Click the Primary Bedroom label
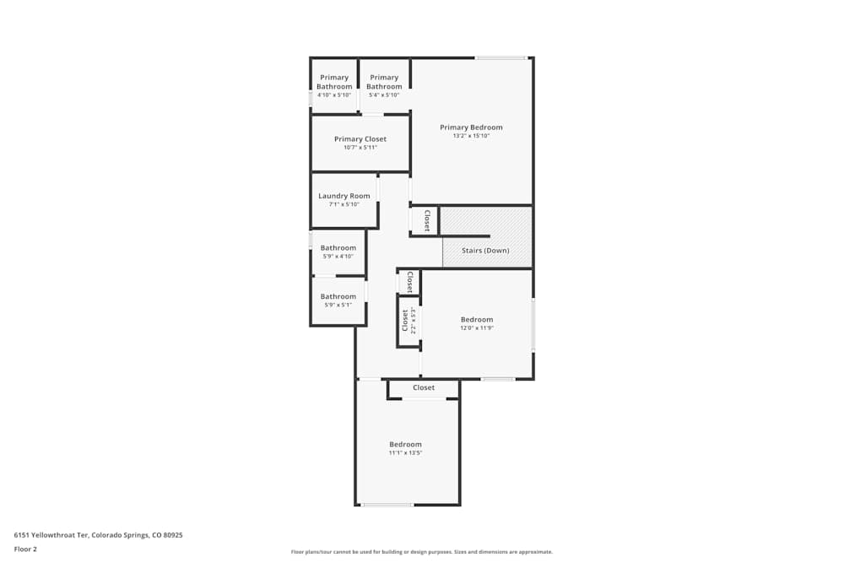pyautogui.click(x=471, y=127)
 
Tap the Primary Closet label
pyautogui.click(x=360, y=139)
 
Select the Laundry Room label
pyautogui.click(x=344, y=196)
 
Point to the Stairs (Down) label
pyautogui.click(x=485, y=251)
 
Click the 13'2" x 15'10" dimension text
pyautogui.click(x=471, y=136)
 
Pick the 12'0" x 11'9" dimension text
pyautogui.click(x=477, y=328)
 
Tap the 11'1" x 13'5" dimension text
pyautogui.click(x=405, y=453)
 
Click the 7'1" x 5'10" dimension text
pyautogui.click(x=344, y=204)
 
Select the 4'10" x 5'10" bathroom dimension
pyautogui.click(x=334, y=95)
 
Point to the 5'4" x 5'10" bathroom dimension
pyautogui.click(x=384, y=95)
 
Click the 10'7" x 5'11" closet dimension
pyautogui.click(x=360, y=148)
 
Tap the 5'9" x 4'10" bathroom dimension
pyautogui.click(x=338, y=257)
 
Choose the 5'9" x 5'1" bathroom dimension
pyautogui.click(x=338, y=305)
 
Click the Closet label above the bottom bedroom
pyautogui.click(x=424, y=387)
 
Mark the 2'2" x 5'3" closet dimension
pyautogui.click(x=414, y=321)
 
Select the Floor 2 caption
pyautogui.click(x=25, y=549)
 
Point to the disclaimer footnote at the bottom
pyautogui.click(x=422, y=552)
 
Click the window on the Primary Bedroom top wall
pyautogui.click(x=500, y=57)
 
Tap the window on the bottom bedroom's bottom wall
pyautogui.click(x=387, y=505)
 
